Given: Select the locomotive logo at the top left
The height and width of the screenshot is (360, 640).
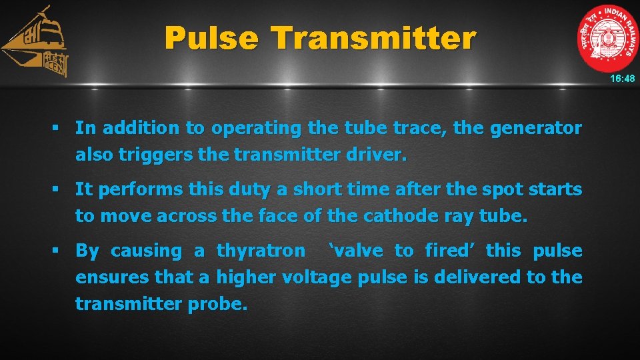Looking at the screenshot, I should coord(37,43).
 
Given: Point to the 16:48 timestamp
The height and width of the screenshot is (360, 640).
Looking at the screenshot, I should coord(622,79).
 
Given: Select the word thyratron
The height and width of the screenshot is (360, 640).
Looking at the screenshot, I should coord(261,251).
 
